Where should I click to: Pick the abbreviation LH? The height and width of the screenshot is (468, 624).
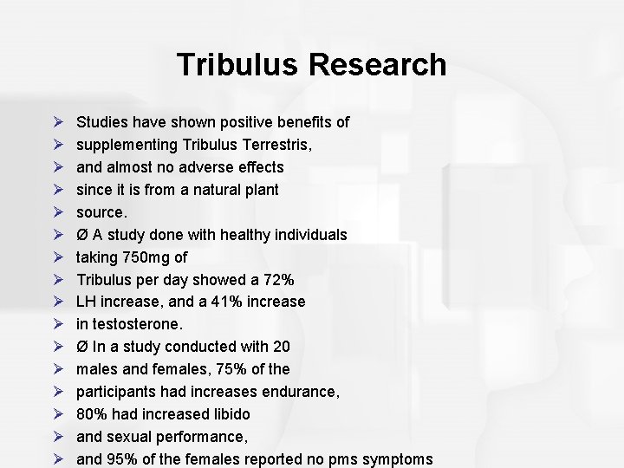click(x=87, y=302)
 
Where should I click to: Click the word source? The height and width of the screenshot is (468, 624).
click(x=101, y=211)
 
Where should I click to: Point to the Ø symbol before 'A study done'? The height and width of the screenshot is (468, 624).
click(x=83, y=234)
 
